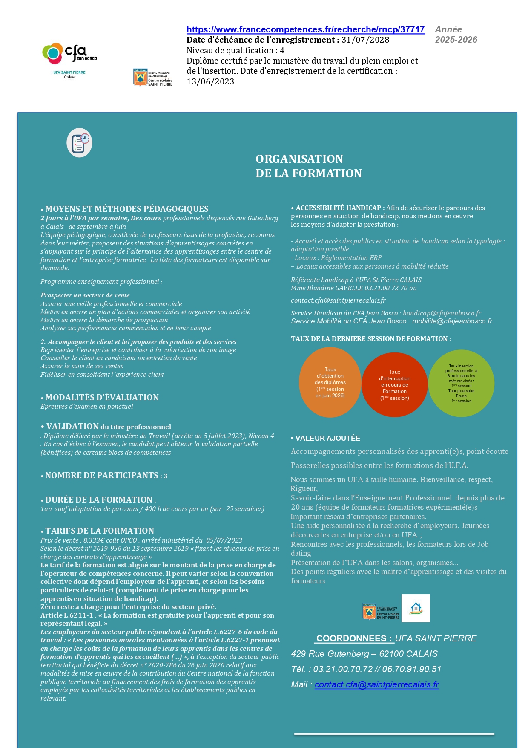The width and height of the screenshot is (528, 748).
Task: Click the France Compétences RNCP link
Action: pos(305,29)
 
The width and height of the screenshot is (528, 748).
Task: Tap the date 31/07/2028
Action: pos(365,40)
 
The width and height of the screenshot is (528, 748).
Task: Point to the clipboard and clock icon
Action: pos(80,142)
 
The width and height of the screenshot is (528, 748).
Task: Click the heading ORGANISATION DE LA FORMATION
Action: pos(308,166)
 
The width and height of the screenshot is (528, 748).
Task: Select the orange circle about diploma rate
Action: pos(330,382)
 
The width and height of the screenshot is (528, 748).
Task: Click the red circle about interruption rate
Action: pos(394,384)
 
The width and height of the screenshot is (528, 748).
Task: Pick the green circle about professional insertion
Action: pos(461,383)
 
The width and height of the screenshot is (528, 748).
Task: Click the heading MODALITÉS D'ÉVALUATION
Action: pos(102,397)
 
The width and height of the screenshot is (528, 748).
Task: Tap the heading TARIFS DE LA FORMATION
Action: pos(100,531)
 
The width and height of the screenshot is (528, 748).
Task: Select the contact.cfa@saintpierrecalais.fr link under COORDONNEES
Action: pos(376,684)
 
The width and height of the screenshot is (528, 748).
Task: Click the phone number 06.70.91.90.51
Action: pos(411,669)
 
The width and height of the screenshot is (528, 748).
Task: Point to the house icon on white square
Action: pos(416,608)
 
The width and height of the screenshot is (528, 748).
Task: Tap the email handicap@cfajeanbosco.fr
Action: pos(442,313)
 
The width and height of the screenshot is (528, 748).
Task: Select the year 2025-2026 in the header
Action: pos(456,40)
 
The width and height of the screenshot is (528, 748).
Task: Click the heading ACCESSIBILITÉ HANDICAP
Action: pos(339,208)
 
